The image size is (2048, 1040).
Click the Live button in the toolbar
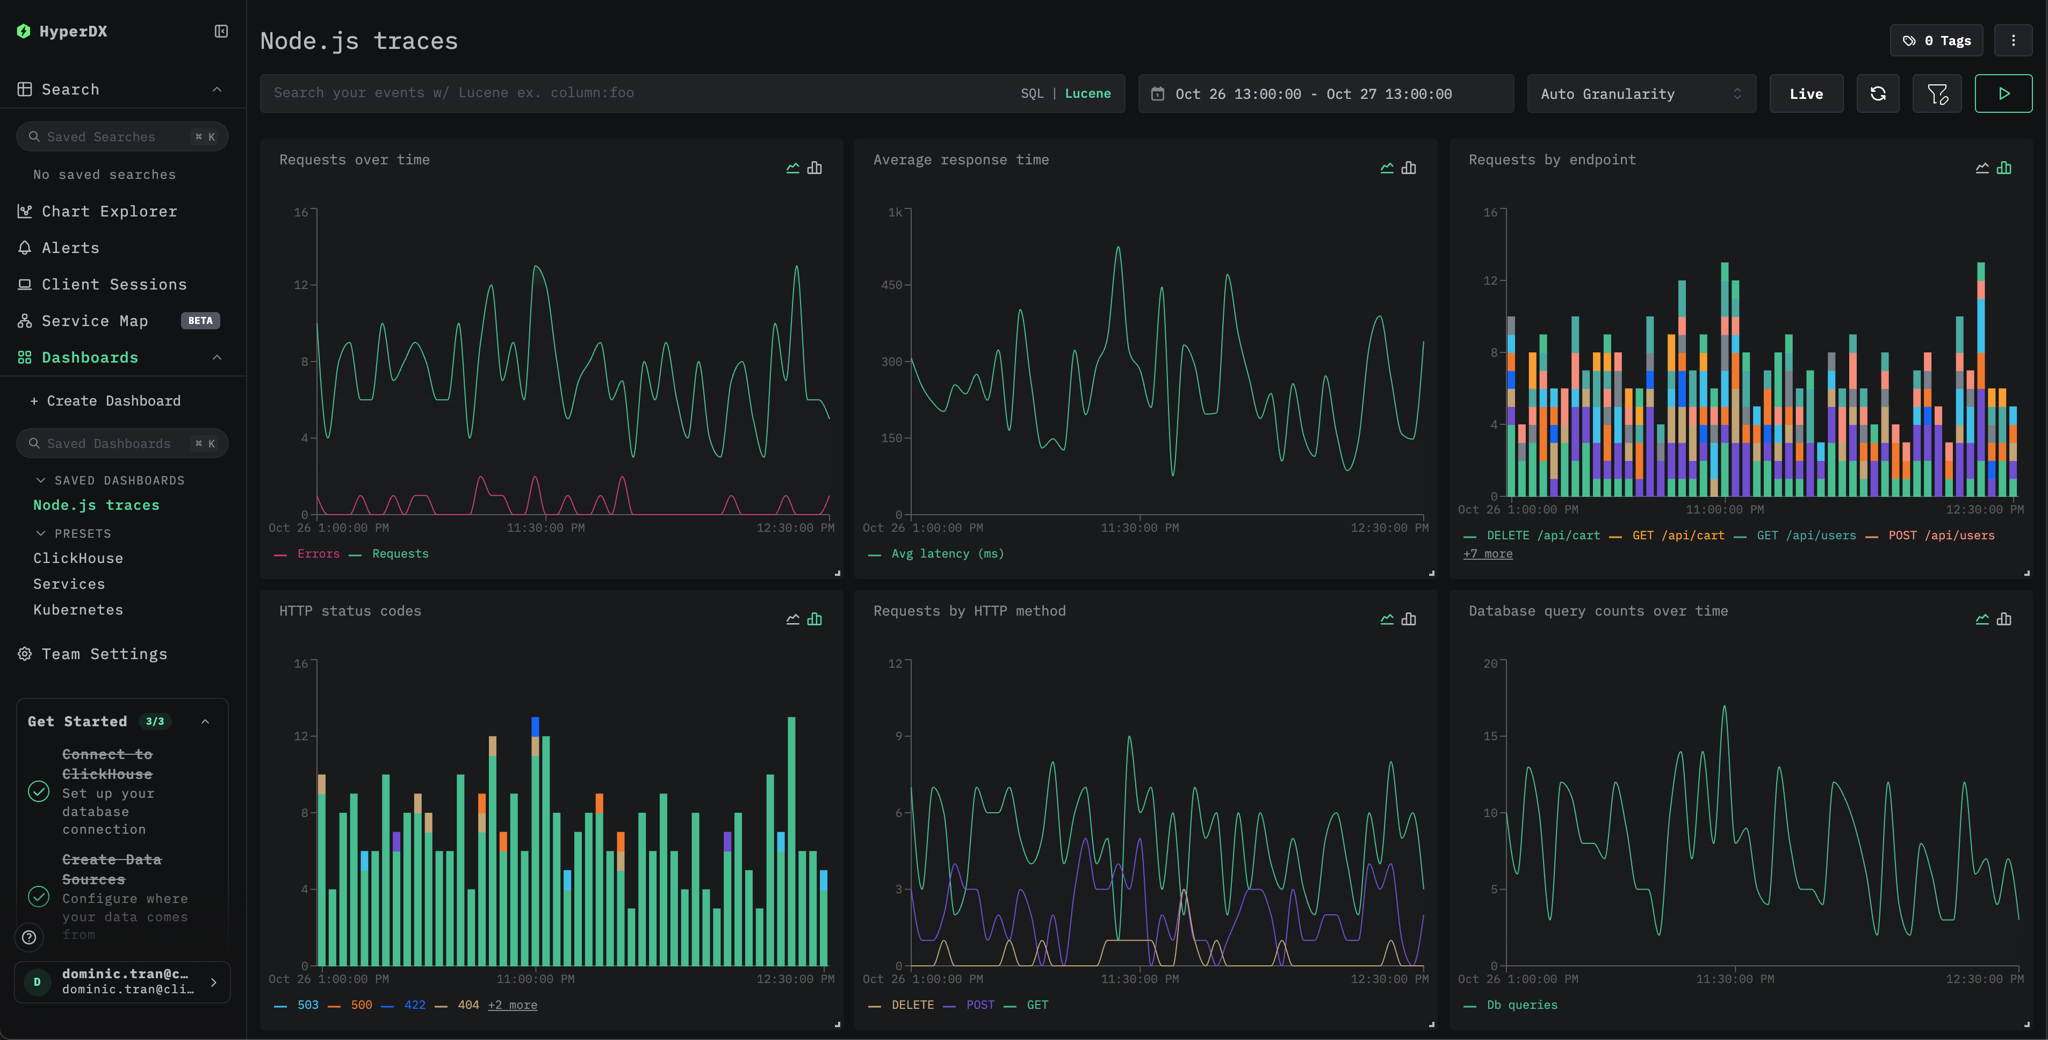click(x=1806, y=94)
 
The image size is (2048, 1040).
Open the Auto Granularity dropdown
click(x=1640, y=94)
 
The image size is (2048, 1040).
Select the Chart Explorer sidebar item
click(x=109, y=212)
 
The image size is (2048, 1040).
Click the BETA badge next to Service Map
click(x=200, y=320)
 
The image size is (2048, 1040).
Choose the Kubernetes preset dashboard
click(x=78, y=610)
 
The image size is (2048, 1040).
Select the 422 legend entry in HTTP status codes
click(x=414, y=1005)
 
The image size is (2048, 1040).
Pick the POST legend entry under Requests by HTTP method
click(x=979, y=1005)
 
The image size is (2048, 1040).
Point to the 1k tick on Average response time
click(x=895, y=212)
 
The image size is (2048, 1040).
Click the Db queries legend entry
click(x=1521, y=1005)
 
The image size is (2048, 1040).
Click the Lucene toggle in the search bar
click(x=1087, y=93)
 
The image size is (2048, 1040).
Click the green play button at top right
click(x=2003, y=94)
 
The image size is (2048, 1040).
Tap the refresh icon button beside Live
click(x=1877, y=94)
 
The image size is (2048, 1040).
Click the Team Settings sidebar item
click(x=104, y=654)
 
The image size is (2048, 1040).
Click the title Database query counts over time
click(x=1597, y=611)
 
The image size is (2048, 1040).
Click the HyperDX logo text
click(x=73, y=31)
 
